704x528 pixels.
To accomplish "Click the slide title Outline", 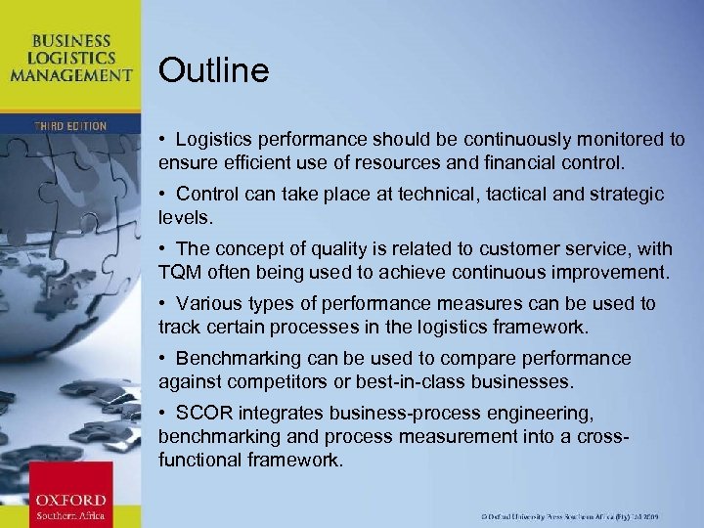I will point(213,70).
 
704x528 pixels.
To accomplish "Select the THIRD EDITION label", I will point(69,126).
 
